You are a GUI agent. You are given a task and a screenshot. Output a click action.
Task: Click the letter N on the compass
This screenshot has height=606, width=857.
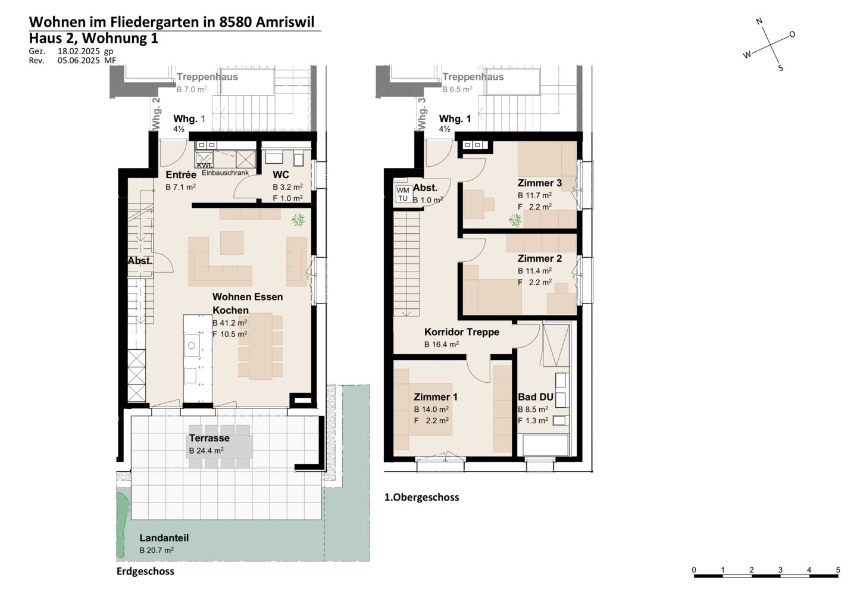(x=759, y=21)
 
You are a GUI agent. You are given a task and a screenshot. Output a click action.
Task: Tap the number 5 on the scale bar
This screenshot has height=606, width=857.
(x=838, y=570)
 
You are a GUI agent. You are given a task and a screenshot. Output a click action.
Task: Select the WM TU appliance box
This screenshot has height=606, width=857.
(x=402, y=194)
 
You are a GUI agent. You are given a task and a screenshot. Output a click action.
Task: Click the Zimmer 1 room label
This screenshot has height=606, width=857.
(x=436, y=396)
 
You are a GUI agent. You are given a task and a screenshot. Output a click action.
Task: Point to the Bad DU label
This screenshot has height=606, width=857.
(x=536, y=396)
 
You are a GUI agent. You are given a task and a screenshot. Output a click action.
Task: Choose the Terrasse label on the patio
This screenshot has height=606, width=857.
(x=209, y=438)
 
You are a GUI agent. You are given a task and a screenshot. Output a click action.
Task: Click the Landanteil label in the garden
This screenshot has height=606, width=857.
(x=164, y=538)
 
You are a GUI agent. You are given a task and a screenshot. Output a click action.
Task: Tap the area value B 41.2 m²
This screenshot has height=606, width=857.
(x=230, y=323)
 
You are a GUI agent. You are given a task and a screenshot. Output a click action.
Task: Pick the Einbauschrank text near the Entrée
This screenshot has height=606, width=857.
(x=225, y=173)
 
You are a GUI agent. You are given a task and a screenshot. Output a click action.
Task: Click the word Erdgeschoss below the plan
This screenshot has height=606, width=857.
(x=145, y=571)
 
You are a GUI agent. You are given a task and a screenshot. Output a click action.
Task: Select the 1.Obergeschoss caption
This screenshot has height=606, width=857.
(x=421, y=497)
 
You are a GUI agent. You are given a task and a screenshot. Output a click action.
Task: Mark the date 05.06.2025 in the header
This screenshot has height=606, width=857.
(x=79, y=61)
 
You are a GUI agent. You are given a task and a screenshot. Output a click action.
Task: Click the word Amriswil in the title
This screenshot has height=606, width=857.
(x=285, y=22)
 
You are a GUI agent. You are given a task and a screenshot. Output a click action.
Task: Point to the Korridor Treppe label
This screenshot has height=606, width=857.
(x=462, y=332)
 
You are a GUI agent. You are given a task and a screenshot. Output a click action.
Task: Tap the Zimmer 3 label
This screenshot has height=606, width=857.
(x=539, y=183)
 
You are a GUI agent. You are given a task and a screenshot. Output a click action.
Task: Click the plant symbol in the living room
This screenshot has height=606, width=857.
(x=298, y=220)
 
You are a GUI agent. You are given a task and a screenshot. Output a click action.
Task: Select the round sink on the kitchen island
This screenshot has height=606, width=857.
(x=192, y=346)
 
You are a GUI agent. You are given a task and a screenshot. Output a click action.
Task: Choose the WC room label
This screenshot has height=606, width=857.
(x=281, y=175)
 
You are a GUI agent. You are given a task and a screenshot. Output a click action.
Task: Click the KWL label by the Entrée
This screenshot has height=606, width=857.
(x=204, y=165)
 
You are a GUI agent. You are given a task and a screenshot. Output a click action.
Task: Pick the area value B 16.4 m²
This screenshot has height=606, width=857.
(x=442, y=344)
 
